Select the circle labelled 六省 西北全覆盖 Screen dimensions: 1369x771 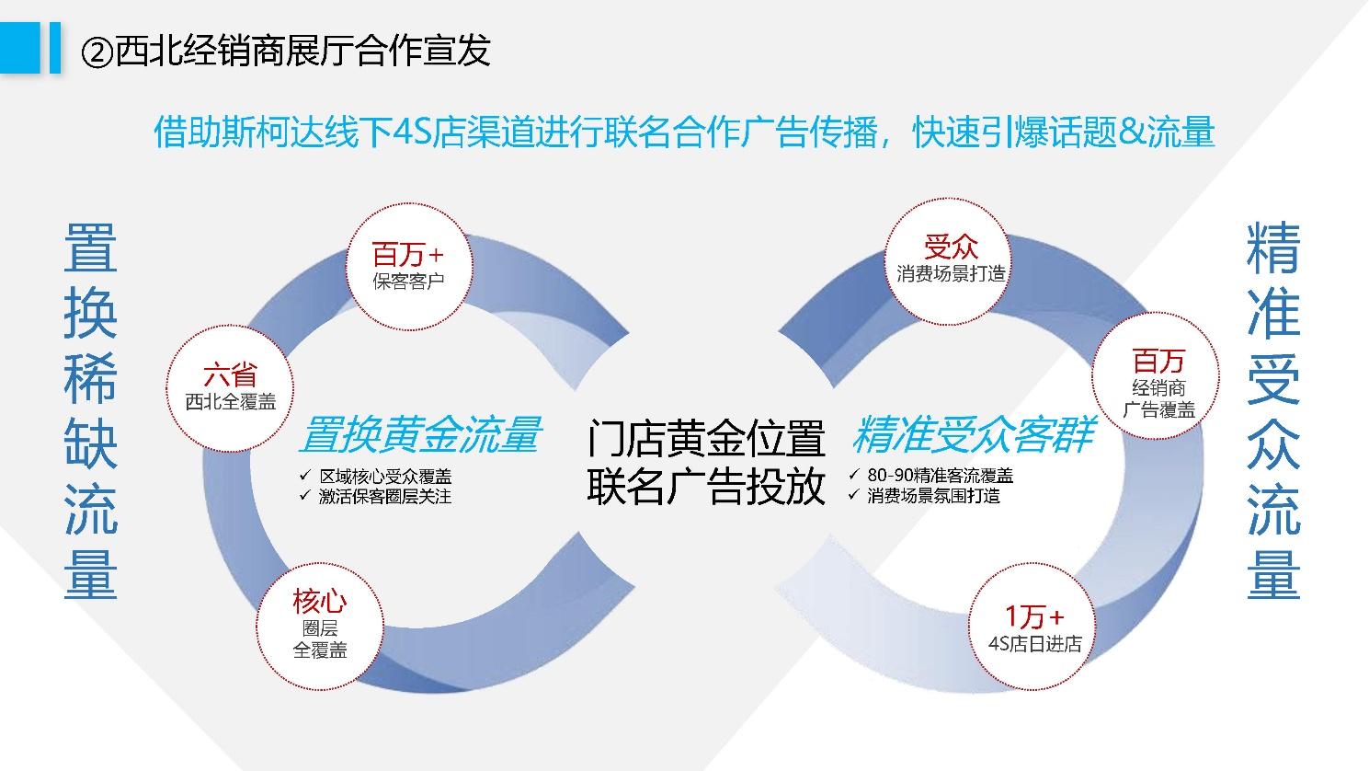230,386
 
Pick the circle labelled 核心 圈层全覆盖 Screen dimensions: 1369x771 319,625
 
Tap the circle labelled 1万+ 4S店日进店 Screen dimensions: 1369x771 1034,628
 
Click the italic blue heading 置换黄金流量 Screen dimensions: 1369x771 419,434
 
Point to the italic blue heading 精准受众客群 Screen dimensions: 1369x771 973,434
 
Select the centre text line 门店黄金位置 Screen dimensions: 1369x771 706,438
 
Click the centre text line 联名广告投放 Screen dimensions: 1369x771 706,486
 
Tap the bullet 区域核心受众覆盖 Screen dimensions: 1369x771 385,477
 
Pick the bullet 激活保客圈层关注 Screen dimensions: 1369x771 385,497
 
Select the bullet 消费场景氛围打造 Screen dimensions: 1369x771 933,496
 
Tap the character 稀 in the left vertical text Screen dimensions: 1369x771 90,378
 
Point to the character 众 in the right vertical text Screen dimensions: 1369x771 1273,444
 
